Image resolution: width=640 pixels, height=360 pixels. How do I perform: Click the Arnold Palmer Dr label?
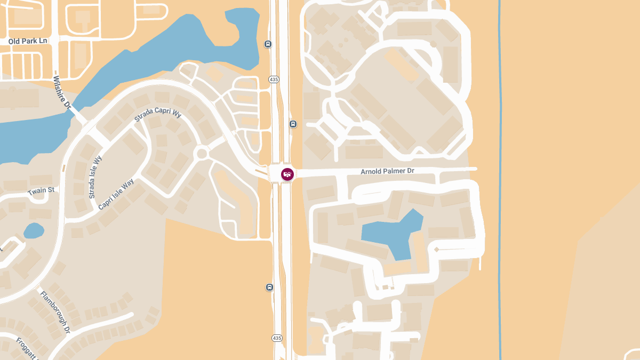click(x=387, y=171)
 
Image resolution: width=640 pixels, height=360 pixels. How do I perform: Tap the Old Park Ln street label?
click(x=28, y=41)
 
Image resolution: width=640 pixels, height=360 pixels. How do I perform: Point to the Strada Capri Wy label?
click(x=158, y=115)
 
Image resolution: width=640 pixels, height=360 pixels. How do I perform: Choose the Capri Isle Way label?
click(x=116, y=194)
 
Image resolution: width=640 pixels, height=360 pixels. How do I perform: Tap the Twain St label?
click(x=41, y=190)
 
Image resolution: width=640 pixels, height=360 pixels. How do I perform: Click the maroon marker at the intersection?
click(x=287, y=174)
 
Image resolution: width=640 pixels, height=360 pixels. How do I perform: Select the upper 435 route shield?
click(x=274, y=79)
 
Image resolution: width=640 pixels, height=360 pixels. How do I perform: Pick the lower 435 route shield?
click(x=277, y=338)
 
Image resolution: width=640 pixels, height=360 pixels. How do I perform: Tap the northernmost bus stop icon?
click(x=268, y=44)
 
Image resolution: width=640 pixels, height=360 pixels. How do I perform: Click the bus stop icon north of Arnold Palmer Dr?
click(x=293, y=124)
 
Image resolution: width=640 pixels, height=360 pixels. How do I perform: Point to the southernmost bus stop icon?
click(x=269, y=287)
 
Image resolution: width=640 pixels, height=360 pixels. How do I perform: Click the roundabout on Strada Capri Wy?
click(x=202, y=154)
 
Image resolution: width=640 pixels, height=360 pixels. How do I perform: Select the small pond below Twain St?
click(x=34, y=230)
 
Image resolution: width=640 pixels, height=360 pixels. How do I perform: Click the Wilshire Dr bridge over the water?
click(x=78, y=114)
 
